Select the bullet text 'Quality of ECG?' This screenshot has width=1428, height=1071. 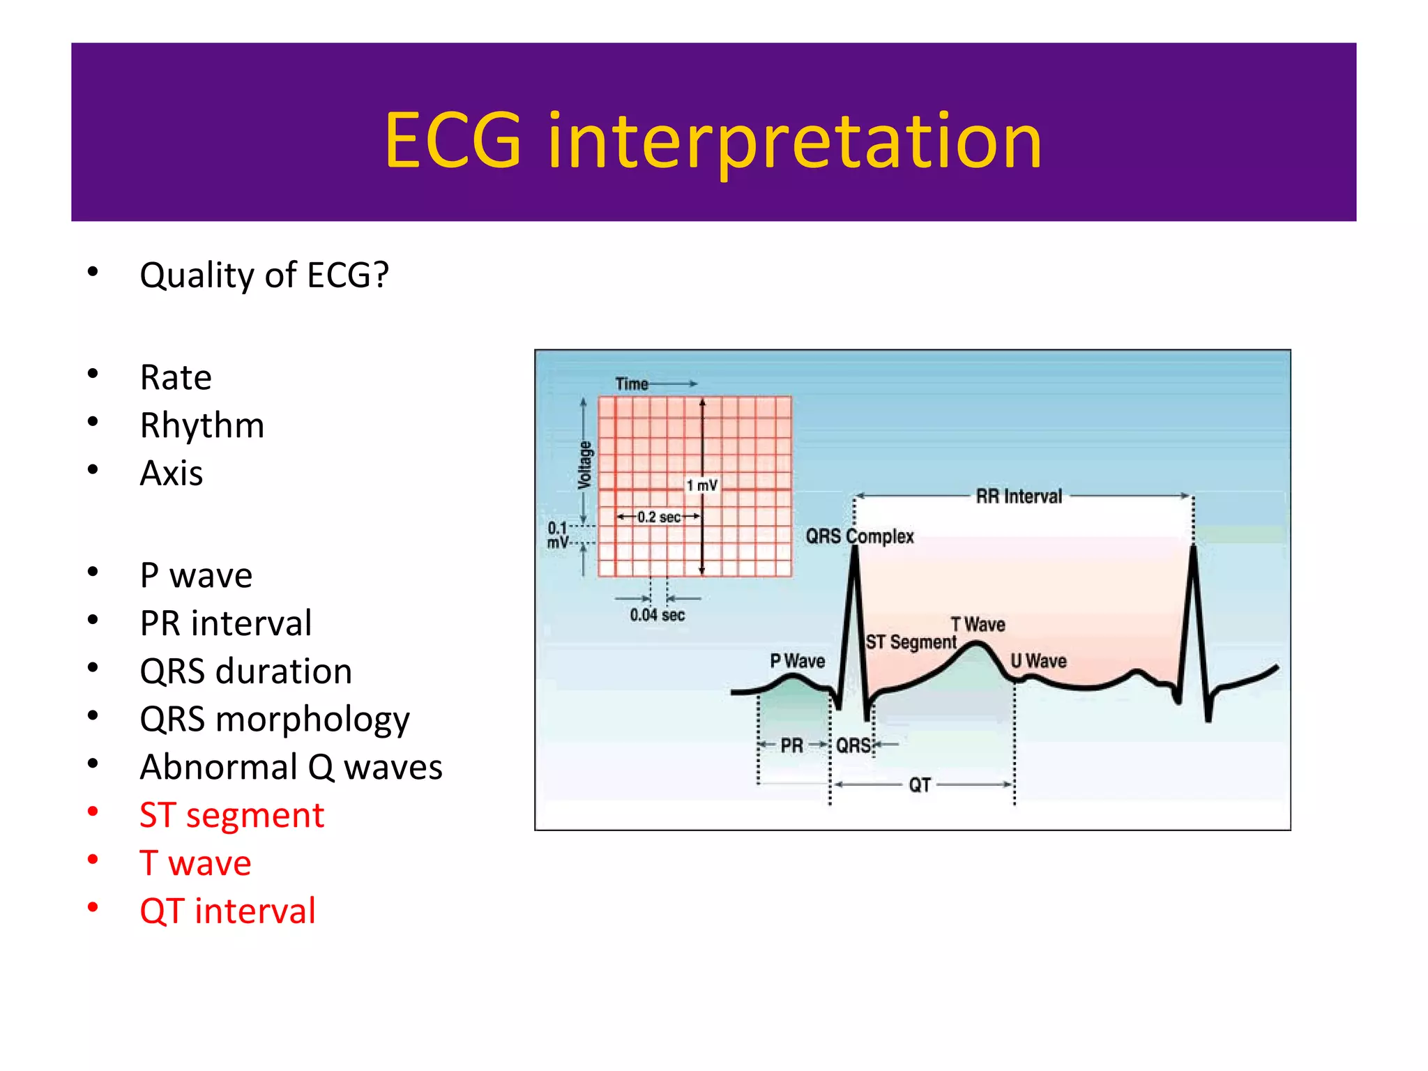[x=264, y=275]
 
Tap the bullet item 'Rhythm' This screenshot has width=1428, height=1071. [x=202, y=425]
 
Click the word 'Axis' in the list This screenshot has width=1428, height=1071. [x=172, y=473]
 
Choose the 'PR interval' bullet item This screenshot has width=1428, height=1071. [x=225, y=623]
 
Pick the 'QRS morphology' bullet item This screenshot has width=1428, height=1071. [x=275, y=719]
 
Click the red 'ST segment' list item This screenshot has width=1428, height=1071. [x=231, y=815]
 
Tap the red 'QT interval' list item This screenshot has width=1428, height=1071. [x=227, y=911]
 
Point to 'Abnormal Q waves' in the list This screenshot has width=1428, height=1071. [x=291, y=767]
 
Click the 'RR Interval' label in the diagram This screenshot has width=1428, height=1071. [x=1019, y=496]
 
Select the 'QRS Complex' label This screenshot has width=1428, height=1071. [x=859, y=536]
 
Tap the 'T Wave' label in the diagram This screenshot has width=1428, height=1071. [x=978, y=624]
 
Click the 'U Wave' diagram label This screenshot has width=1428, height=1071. [x=1038, y=660]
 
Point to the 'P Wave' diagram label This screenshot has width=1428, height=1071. [x=797, y=660]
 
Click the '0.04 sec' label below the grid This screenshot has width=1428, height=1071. [x=657, y=615]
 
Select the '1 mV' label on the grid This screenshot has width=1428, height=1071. [x=701, y=485]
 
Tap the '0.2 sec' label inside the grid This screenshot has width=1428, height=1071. [x=658, y=517]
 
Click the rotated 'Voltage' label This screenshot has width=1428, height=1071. [x=585, y=464]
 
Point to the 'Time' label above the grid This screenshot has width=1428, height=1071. [x=631, y=384]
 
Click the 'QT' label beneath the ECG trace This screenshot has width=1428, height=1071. [x=919, y=785]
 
